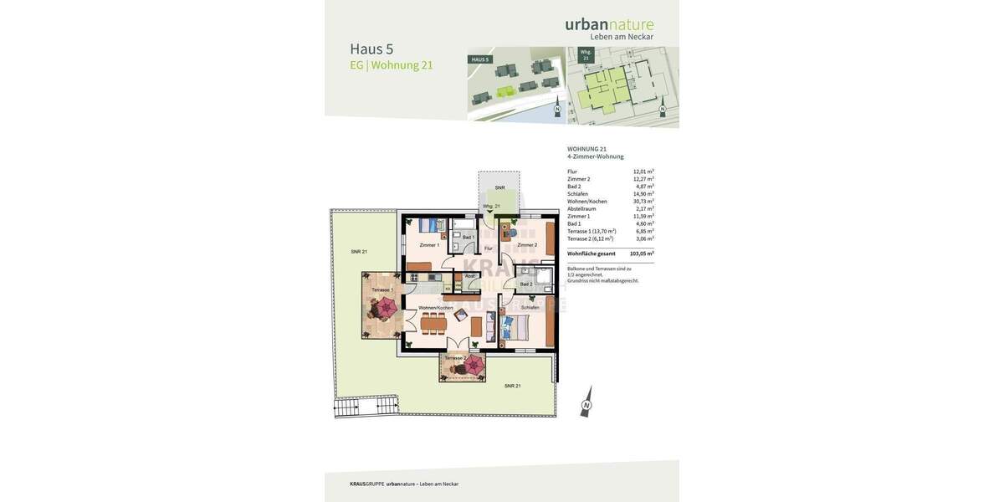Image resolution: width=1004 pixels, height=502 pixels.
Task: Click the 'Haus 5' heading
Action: [371, 49]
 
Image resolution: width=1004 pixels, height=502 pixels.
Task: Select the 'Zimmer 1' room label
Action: [429, 245]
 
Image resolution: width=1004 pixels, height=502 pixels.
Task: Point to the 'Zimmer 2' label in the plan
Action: [527, 245]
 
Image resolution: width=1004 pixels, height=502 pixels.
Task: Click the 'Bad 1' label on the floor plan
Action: [468, 238]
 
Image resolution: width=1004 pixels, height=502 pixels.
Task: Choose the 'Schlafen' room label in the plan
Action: [530, 308]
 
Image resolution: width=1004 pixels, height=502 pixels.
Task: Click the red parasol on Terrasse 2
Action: [473, 366]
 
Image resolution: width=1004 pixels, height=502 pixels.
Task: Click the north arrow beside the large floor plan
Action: [587, 402]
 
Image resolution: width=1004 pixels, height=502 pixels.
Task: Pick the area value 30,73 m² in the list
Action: [643, 202]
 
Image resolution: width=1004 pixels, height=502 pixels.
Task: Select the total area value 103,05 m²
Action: [642, 254]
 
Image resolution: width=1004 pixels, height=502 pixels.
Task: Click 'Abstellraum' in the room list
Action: [581, 209]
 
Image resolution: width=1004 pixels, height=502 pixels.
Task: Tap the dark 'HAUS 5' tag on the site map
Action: [480, 59]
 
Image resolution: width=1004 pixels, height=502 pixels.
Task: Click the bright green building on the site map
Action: [505, 90]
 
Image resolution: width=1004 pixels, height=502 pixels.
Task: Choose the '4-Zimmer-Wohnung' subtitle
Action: [595, 156]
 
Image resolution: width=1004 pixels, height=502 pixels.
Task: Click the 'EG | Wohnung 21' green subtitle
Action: [391, 65]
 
